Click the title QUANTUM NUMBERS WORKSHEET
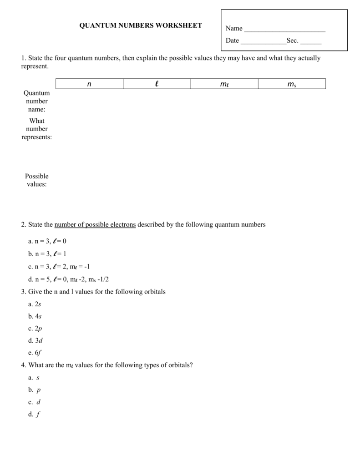[141, 25]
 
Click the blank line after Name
[285, 30]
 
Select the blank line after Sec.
[311, 42]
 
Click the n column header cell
[89, 84]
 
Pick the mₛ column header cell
[292, 84]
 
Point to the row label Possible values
[37, 180]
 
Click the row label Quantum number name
[37, 101]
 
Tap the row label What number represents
[37, 129]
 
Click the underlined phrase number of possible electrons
[95, 224]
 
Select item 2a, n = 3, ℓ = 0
[47, 241]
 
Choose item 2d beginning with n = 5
[69, 279]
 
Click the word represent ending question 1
[34, 66]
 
